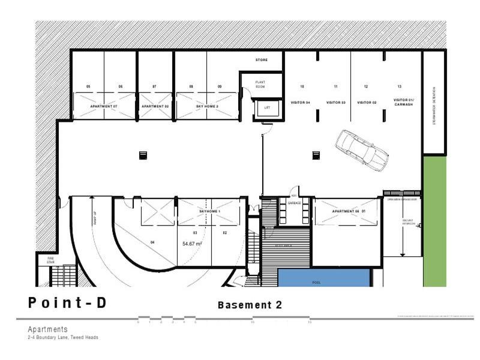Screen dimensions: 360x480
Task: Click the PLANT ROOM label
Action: (260, 84)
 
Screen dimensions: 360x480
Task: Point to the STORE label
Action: (261, 60)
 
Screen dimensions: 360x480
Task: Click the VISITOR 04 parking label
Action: (300, 103)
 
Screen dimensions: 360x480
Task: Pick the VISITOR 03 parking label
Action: (336, 103)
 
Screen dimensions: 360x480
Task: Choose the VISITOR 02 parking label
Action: (367, 103)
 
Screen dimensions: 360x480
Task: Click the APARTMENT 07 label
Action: (104, 106)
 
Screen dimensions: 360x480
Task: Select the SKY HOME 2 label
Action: (207, 106)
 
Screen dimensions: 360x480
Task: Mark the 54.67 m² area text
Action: (192, 244)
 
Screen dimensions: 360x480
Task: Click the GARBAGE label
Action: (294, 203)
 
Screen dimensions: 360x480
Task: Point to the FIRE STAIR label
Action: (50, 260)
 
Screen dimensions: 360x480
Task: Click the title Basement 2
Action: (250, 305)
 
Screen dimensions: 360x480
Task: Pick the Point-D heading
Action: (67, 303)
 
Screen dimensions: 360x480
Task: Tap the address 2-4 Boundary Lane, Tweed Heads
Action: (63, 337)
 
